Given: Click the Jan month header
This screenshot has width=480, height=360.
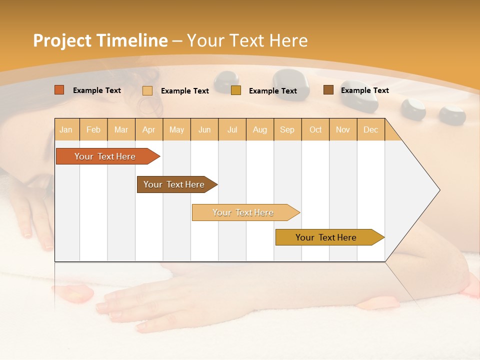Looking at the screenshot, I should [x=66, y=129].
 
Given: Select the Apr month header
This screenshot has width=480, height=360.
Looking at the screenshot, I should [x=148, y=129].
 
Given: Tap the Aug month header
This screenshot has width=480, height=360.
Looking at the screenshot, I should [x=259, y=129].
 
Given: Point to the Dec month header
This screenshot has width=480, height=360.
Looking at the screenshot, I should [x=370, y=129].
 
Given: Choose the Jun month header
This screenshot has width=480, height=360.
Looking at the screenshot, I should [x=204, y=129].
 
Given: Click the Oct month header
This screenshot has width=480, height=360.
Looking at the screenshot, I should [x=315, y=129].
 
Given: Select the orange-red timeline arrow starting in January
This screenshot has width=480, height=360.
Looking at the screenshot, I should [x=105, y=156].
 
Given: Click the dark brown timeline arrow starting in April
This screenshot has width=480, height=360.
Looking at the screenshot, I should [x=174, y=184].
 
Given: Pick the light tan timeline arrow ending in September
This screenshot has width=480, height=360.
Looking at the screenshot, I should [x=243, y=212].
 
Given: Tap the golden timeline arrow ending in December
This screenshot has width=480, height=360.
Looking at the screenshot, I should [x=326, y=237].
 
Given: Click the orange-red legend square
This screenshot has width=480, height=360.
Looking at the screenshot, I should [x=59, y=90].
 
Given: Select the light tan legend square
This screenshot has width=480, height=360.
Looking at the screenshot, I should [x=147, y=90].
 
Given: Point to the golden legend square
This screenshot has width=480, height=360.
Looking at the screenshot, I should [x=236, y=90].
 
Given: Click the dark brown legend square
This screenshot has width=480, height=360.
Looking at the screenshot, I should [x=328, y=90].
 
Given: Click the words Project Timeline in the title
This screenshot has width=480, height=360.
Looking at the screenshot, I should [x=100, y=40].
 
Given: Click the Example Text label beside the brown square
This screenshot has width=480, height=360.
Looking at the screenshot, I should [x=364, y=90].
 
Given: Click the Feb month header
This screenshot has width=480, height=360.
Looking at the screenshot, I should [x=93, y=129].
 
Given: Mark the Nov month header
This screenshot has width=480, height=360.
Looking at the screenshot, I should [x=343, y=129].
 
